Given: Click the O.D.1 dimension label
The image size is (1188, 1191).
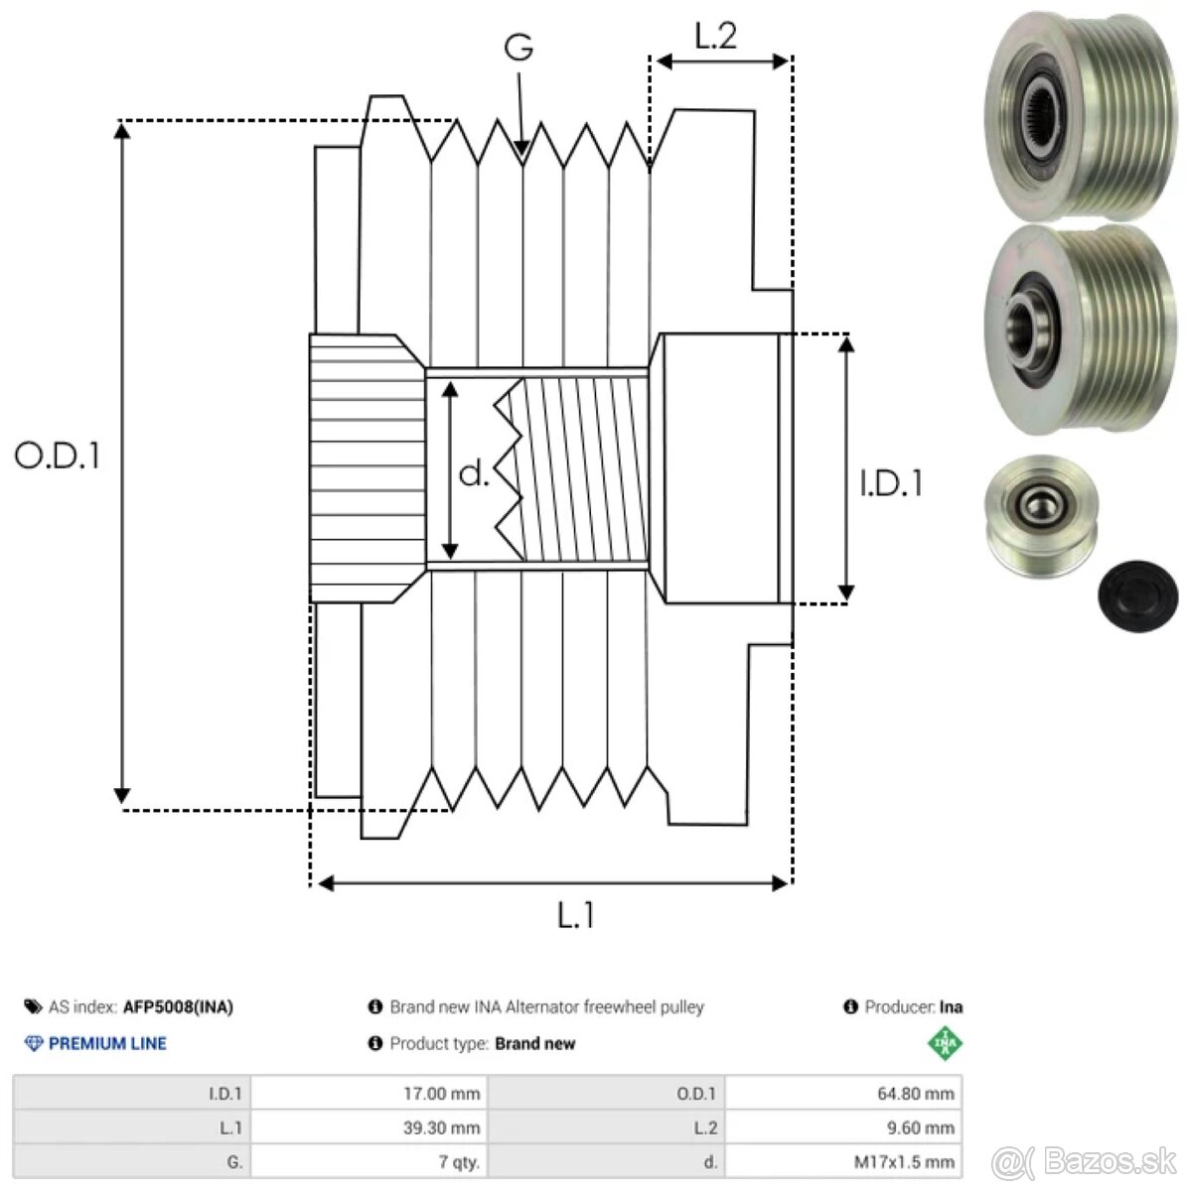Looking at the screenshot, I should pos(58,456).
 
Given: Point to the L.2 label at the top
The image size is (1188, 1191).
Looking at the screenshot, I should pos(715,37).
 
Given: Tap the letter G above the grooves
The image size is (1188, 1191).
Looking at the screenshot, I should pos(519,47).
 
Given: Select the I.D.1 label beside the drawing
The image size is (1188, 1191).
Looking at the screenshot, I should pos(891,483).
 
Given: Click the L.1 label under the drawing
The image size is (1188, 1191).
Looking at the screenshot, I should pos(575,915).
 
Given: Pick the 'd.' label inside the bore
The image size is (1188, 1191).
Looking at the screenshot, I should pos(474,474).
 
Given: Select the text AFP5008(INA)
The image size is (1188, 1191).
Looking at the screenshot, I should pos(178,1007).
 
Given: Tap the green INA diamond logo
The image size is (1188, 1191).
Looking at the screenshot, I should pos(945,1044).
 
